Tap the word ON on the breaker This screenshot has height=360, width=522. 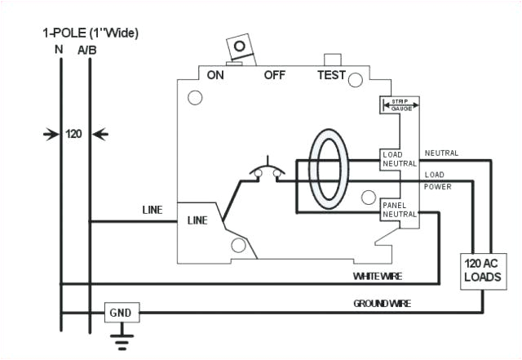pos(216,75)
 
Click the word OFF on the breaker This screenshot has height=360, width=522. pos(275,75)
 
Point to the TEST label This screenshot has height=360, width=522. pos(331,75)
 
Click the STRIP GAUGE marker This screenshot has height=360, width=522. pos(400,104)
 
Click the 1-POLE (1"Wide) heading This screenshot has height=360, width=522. pos(91,33)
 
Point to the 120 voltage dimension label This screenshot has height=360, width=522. pos(74,133)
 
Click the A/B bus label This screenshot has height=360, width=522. pos(86,50)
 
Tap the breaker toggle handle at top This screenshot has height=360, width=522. pos(239,49)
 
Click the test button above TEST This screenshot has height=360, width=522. pos(332,60)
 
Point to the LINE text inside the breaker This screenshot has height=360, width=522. pos(198,220)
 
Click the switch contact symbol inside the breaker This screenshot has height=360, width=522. pos(267,171)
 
